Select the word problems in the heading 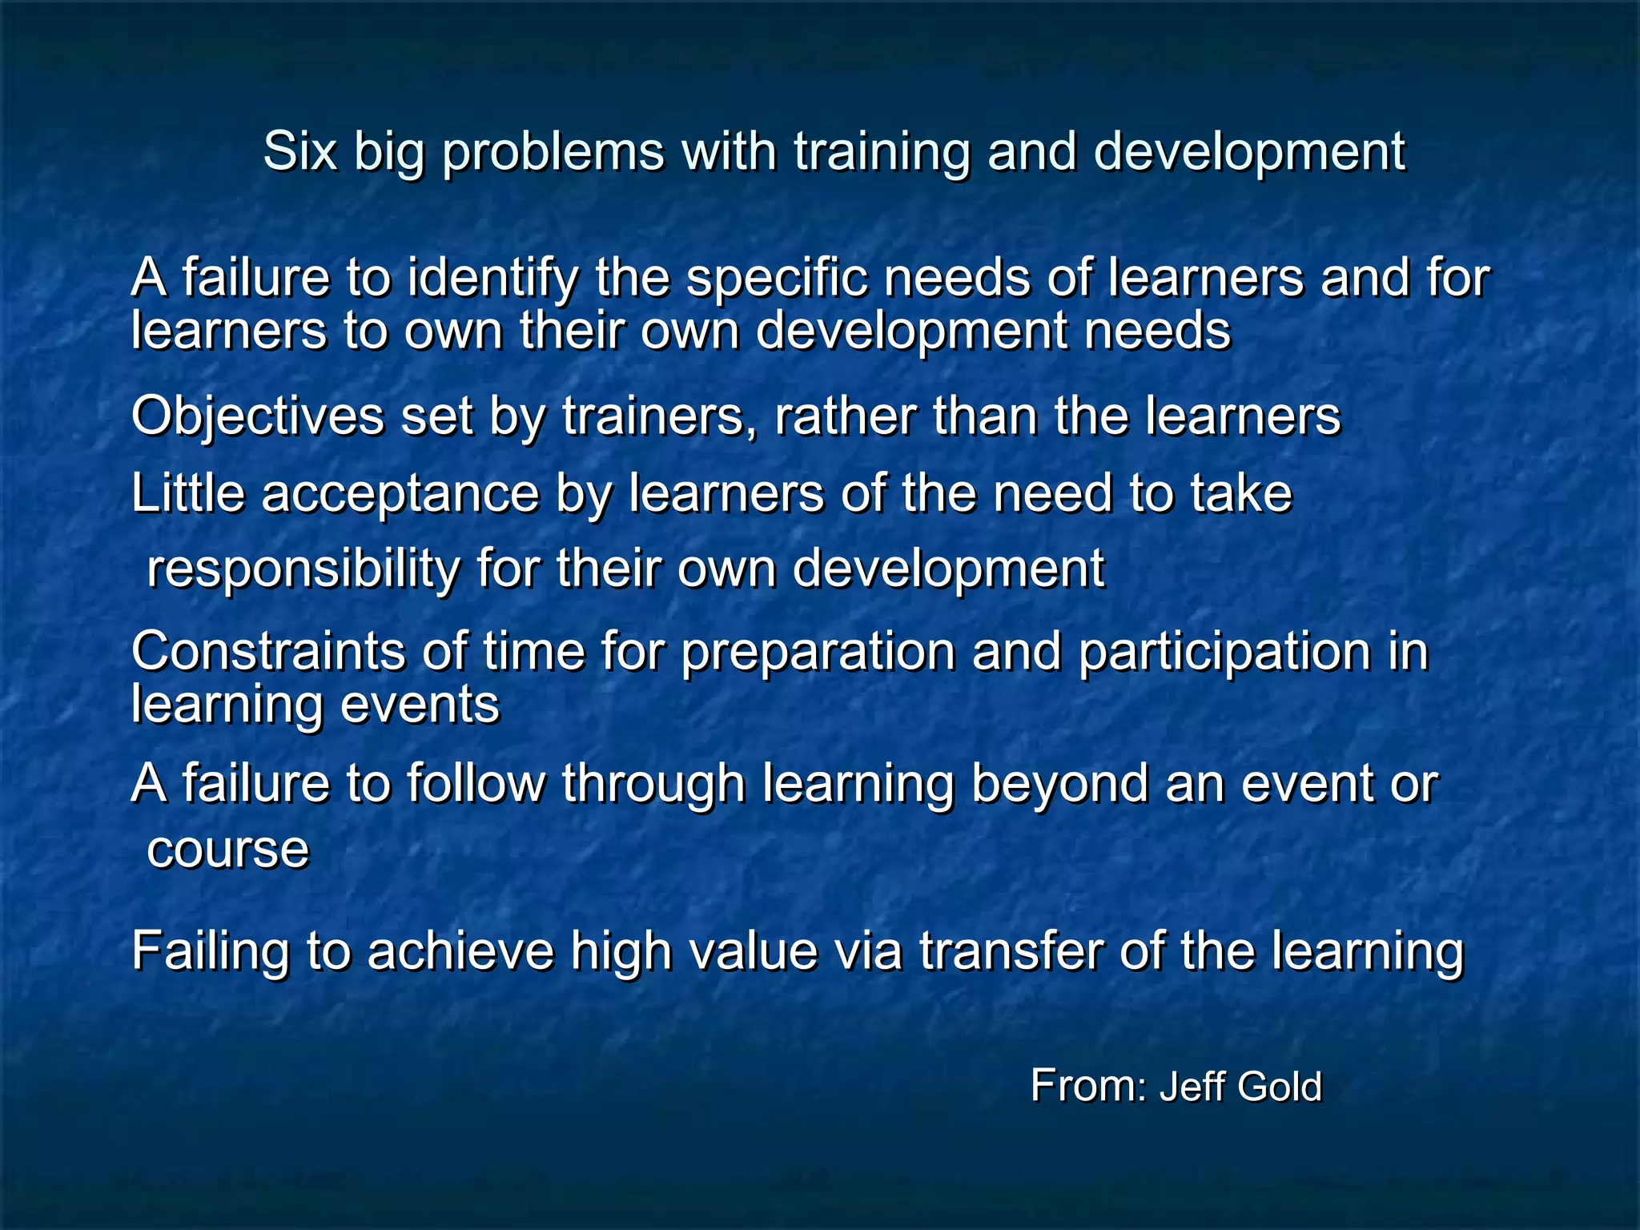pyautogui.click(x=553, y=152)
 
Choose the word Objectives pyautogui.click(x=257, y=417)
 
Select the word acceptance pyautogui.click(x=400, y=494)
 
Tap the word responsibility pyautogui.click(x=303, y=569)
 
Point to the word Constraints pyautogui.click(x=267, y=651)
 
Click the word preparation pyautogui.click(x=818, y=653)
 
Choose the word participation pyautogui.click(x=1224, y=653)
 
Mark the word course pyautogui.click(x=227, y=850)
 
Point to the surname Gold pyautogui.click(x=1279, y=1087)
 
